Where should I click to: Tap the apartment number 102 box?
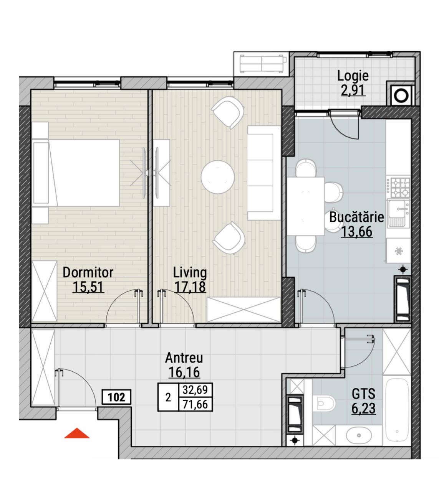point(116,397)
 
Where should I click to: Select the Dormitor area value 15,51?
point(88,287)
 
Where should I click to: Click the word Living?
point(190,273)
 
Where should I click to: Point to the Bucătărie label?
point(356,217)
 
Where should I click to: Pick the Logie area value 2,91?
point(353,90)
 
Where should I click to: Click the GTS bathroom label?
point(363,394)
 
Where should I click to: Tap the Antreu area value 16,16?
point(184,372)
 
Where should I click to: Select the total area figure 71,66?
point(195,404)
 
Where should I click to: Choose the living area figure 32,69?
point(195,390)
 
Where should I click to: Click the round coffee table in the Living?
point(218,177)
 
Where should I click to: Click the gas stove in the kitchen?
point(398,187)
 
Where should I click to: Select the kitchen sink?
point(398,213)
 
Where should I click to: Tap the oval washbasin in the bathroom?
point(358,435)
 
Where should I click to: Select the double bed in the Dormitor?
point(76,173)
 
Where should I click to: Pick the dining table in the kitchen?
point(306,206)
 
